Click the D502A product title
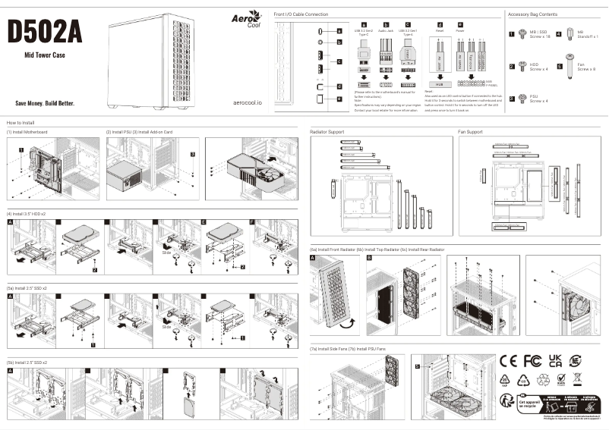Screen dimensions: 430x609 pos(44,32)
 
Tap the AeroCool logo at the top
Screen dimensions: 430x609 pos(246,19)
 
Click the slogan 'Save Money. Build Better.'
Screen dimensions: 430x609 pos(45,102)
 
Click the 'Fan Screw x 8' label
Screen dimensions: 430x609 pos(586,67)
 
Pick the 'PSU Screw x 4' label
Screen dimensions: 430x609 pos(538,99)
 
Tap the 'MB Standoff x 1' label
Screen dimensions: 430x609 pos(587,34)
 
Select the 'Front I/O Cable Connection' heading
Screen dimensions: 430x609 pos(301,14)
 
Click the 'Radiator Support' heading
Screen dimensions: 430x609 pos(327,132)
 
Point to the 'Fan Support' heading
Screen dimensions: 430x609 pos(470,132)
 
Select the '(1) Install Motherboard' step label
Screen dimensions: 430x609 pos(27,132)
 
